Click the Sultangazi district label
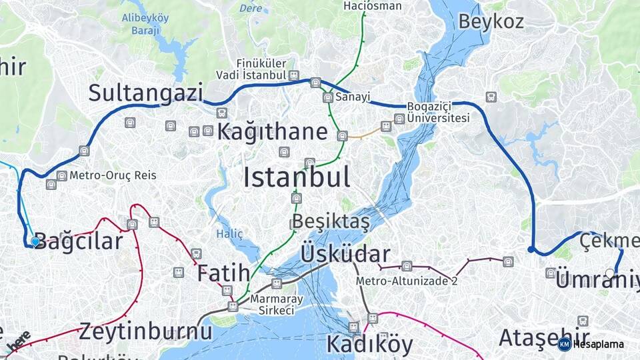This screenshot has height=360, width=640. (145, 93)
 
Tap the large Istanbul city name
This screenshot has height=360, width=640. (296, 177)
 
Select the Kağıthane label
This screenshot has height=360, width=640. (272, 131)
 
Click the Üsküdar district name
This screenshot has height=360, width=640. (345, 254)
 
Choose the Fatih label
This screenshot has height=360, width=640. (223, 273)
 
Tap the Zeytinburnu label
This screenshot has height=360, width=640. (146, 331)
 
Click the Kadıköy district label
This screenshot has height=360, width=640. (369, 344)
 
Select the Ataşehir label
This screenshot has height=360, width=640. (544, 338)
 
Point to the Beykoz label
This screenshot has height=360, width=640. (491, 21)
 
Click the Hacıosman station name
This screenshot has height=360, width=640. (373, 6)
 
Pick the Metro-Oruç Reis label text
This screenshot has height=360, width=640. (113, 175)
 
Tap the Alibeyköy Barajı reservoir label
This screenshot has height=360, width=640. (145, 23)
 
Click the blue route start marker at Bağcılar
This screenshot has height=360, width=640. (35, 241)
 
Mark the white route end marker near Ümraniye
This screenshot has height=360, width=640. (610, 273)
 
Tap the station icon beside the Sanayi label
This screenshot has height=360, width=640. (327, 97)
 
